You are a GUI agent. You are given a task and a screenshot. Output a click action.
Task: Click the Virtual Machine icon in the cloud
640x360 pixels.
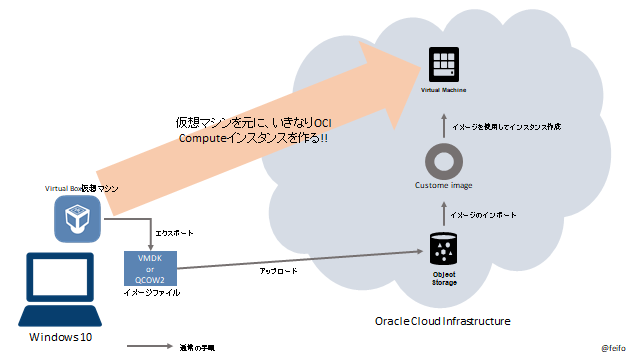442,65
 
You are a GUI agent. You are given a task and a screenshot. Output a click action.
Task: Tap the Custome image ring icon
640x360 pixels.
442,160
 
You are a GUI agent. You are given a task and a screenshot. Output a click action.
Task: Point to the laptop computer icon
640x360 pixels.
59,288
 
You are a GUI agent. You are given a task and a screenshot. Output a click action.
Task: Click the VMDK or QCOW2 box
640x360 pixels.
150,266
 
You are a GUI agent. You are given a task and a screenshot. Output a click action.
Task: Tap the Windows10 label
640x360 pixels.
59,338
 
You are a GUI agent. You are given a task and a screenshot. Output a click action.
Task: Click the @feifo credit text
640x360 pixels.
614,348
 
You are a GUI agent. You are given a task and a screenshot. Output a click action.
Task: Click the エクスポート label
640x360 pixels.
176,232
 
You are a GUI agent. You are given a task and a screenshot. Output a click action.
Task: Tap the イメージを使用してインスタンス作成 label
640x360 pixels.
505,126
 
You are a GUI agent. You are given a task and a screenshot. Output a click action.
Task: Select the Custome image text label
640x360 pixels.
442,186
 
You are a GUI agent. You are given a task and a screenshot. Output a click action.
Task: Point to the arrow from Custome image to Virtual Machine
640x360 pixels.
443,125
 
